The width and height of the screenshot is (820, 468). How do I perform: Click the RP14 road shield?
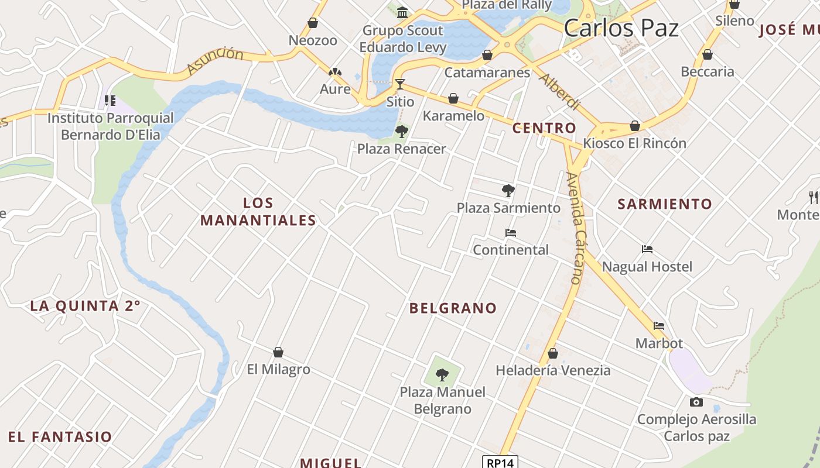(x=500, y=463)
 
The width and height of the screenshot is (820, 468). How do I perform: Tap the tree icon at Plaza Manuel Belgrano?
(x=442, y=374)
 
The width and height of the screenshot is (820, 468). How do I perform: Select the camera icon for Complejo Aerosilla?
(x=696, y=402)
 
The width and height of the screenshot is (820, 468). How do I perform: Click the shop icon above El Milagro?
(x=278, y=352)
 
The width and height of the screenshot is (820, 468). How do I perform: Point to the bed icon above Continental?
(x=511, y=233)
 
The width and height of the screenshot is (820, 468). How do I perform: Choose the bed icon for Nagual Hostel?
(x=647, y=249)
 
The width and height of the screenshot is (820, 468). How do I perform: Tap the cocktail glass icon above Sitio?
(x=400, y=84)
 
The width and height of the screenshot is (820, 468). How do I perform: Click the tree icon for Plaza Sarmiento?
(x=508, y=190)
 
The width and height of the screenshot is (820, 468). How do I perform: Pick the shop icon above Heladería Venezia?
(x=552, y=353)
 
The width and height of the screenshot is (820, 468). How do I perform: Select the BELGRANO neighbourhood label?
(x=453, y=308)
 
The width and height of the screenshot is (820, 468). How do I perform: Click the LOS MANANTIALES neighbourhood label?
(x=258, y=212)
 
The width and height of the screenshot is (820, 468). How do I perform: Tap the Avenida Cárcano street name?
(x=576, y=228)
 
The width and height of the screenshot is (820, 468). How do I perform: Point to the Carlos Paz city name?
(x=621, y=28)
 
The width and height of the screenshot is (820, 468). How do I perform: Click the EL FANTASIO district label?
(x=60, y=437)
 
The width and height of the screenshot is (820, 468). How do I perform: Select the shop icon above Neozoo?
(x=313, y=23)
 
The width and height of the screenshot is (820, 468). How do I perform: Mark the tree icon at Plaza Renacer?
(x=401, y=131)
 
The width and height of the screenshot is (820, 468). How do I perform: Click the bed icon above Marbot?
(x=659, y=326)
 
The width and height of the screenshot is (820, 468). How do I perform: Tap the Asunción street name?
(x=216, y=61)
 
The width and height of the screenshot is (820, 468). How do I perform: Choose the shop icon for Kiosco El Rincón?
(x=635, y=126)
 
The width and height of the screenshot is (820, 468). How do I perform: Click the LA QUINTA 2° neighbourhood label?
(x=86, y=306)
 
